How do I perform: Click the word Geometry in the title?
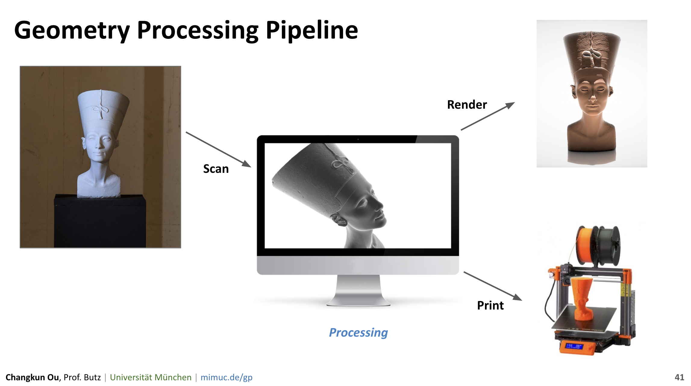[72, 31]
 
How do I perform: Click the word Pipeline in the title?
[311, 31]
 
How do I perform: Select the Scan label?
[216, 169]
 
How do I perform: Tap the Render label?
[467, 105]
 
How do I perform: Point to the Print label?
[490, 306]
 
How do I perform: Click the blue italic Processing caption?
[358, 333]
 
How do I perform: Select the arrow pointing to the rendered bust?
[488, 116]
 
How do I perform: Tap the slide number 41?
[679, 377]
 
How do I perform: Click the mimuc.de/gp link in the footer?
[226, 377]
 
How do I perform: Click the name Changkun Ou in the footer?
[32, 377]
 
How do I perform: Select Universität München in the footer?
[151, 377]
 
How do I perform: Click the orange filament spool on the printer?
[584, 245]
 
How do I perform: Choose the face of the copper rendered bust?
[592, 96]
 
